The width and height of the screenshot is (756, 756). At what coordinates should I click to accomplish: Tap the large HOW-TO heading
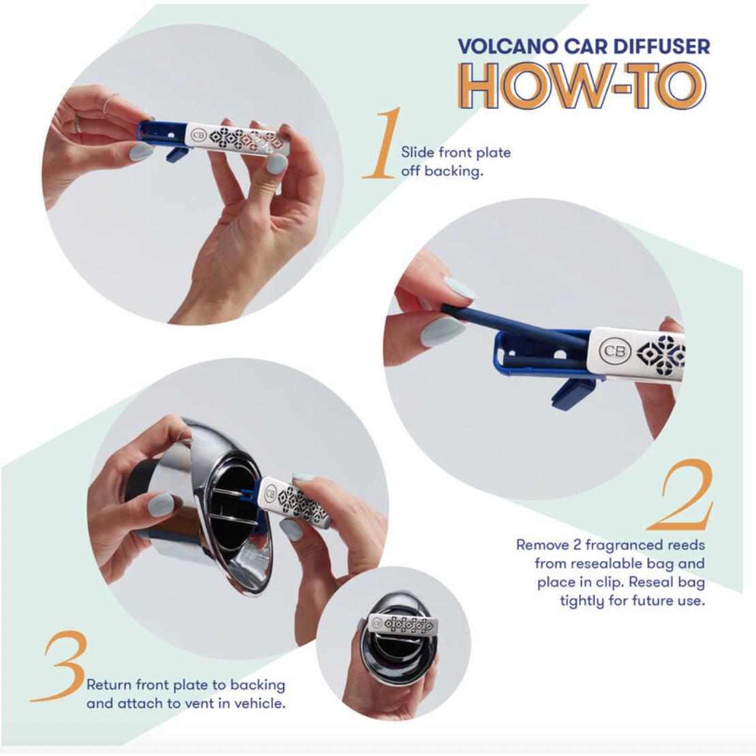click(582, 86)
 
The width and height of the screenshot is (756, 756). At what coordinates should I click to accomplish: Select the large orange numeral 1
click(383, 144)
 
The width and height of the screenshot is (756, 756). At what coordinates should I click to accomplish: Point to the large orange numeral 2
click(682, 495)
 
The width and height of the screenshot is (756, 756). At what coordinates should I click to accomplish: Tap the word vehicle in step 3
click(262, 704)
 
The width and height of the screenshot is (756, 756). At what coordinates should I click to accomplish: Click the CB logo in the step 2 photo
click(612, 351)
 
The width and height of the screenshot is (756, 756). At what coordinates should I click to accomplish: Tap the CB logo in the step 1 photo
click(199, 133)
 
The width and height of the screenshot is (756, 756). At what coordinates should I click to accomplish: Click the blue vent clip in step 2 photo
click(569, 392)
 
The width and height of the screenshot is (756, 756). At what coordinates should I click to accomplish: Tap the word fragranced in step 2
click(616, 545)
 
